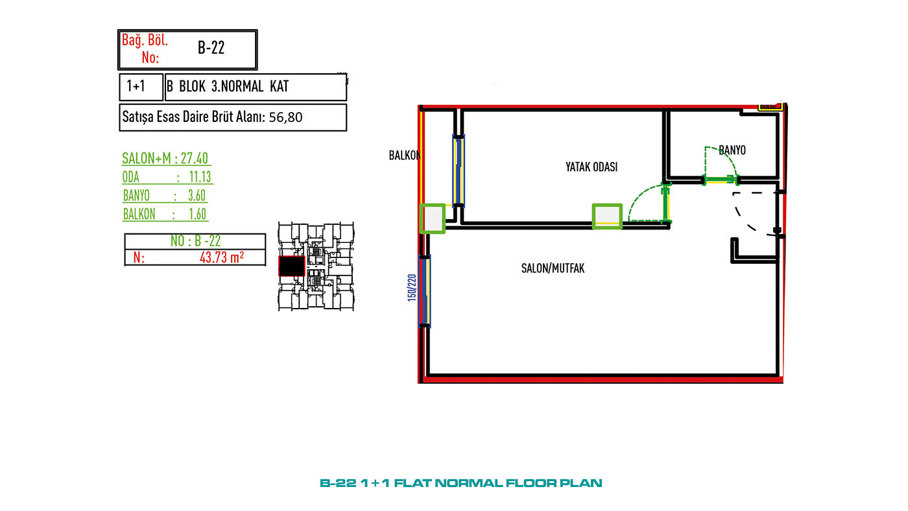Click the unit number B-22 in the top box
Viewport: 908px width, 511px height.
tap(211, 48)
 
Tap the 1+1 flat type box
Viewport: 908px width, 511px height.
tap(141, 87)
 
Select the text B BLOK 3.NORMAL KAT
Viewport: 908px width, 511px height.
tap(228, 86)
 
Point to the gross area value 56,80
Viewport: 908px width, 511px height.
tap(285, 117)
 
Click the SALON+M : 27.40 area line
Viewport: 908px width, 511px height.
tap(165, 158)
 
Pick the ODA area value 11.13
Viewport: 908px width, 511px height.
tap(200, 177)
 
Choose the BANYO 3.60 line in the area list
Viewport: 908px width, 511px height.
tap(165, 196)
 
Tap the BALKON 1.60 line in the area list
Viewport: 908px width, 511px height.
tap(165, 214)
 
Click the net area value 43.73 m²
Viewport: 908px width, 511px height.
tap(222, 257)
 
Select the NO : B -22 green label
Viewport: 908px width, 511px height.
tap(195, 241)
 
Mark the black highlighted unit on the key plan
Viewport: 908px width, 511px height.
tap(291, 267)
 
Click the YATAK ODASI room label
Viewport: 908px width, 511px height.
tap(591, 167)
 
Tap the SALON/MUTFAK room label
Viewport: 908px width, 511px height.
tap(553, 268)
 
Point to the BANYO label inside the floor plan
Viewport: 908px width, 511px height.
tap(732, 150)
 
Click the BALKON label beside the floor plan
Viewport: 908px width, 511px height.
tap(404, 155)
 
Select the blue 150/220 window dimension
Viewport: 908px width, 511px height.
tap(412, 288)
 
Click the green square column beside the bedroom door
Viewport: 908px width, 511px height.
tap(607, 217)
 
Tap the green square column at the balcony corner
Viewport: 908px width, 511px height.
tap(433, 219)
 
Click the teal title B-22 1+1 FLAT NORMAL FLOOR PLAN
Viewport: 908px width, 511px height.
tap(461, 483)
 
